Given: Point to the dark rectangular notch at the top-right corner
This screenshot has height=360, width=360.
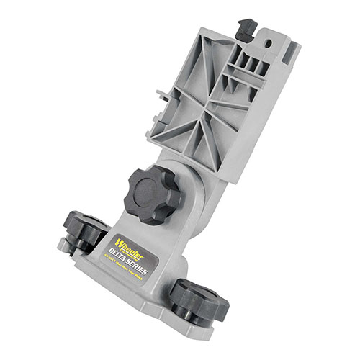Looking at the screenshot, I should tap(292, 50).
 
